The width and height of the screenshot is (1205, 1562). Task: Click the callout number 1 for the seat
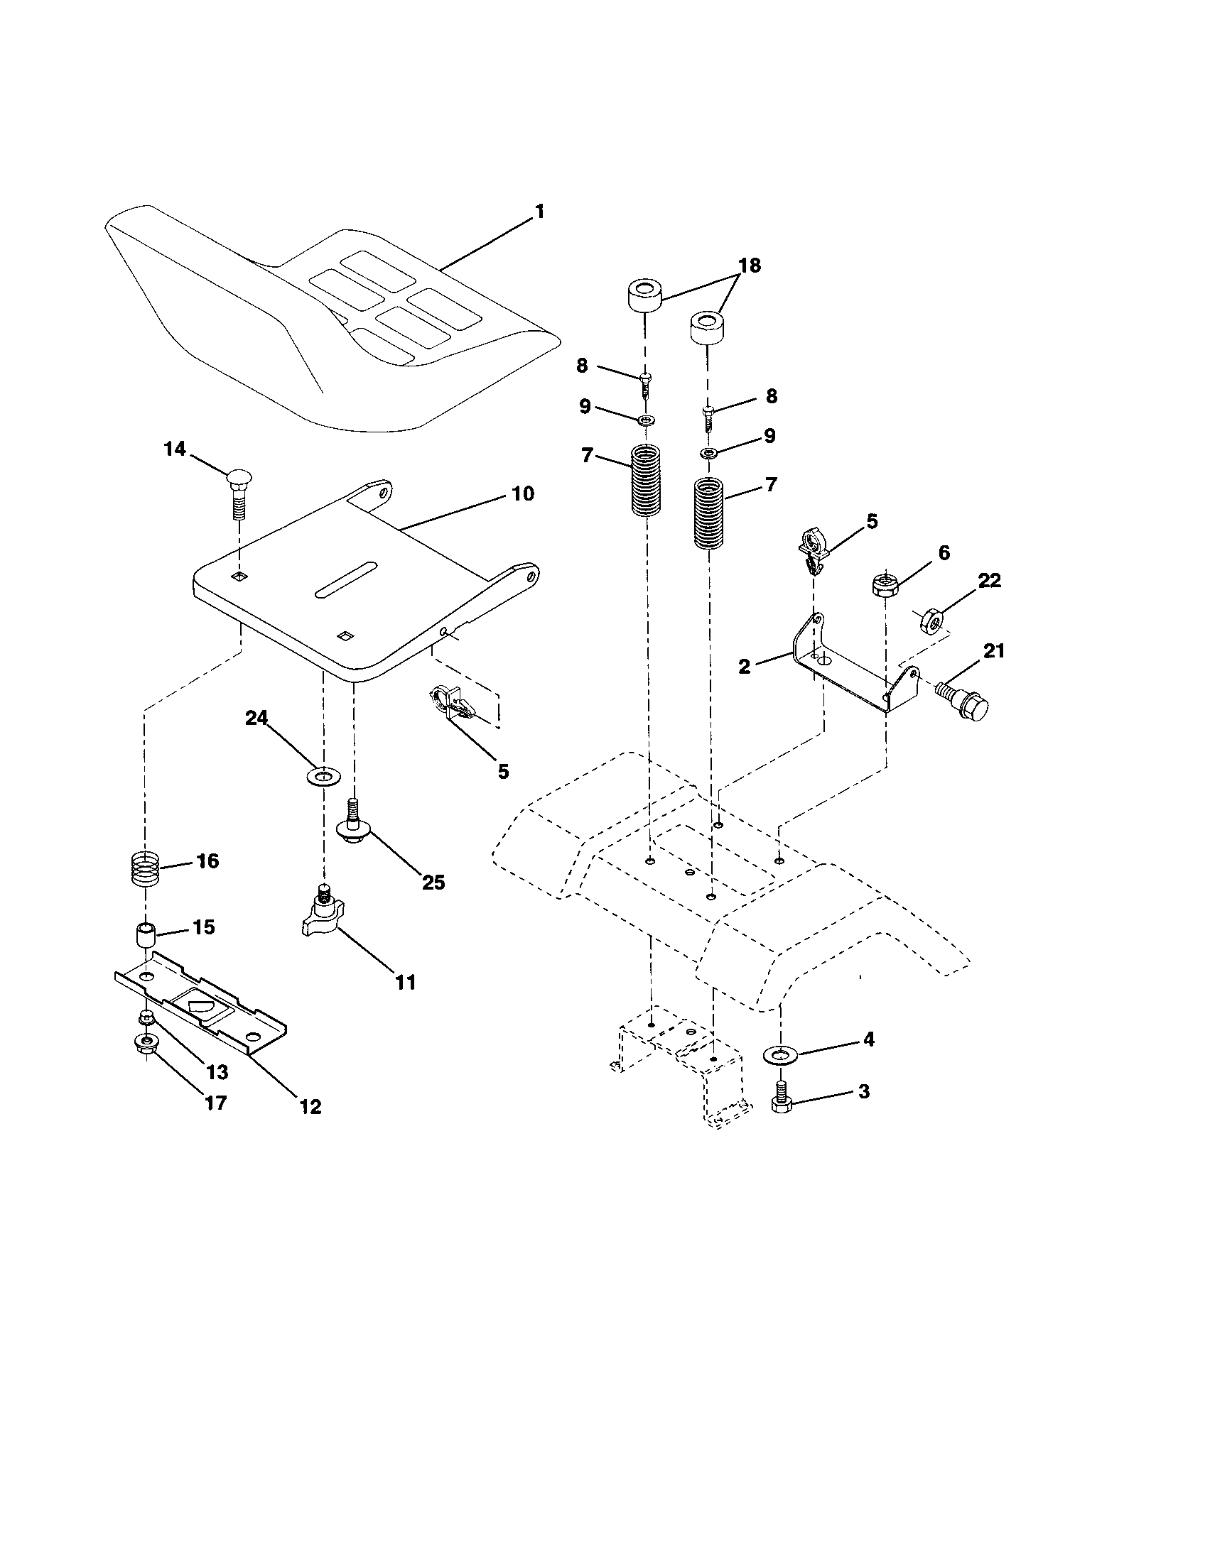click(540, 212)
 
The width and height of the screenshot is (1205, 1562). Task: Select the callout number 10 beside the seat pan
click(523, 493)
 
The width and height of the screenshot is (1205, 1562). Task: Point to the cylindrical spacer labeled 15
click(146, 936)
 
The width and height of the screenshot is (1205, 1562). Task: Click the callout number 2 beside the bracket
click(744, 666)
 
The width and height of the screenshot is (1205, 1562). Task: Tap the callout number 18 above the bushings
click(750, 266)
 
